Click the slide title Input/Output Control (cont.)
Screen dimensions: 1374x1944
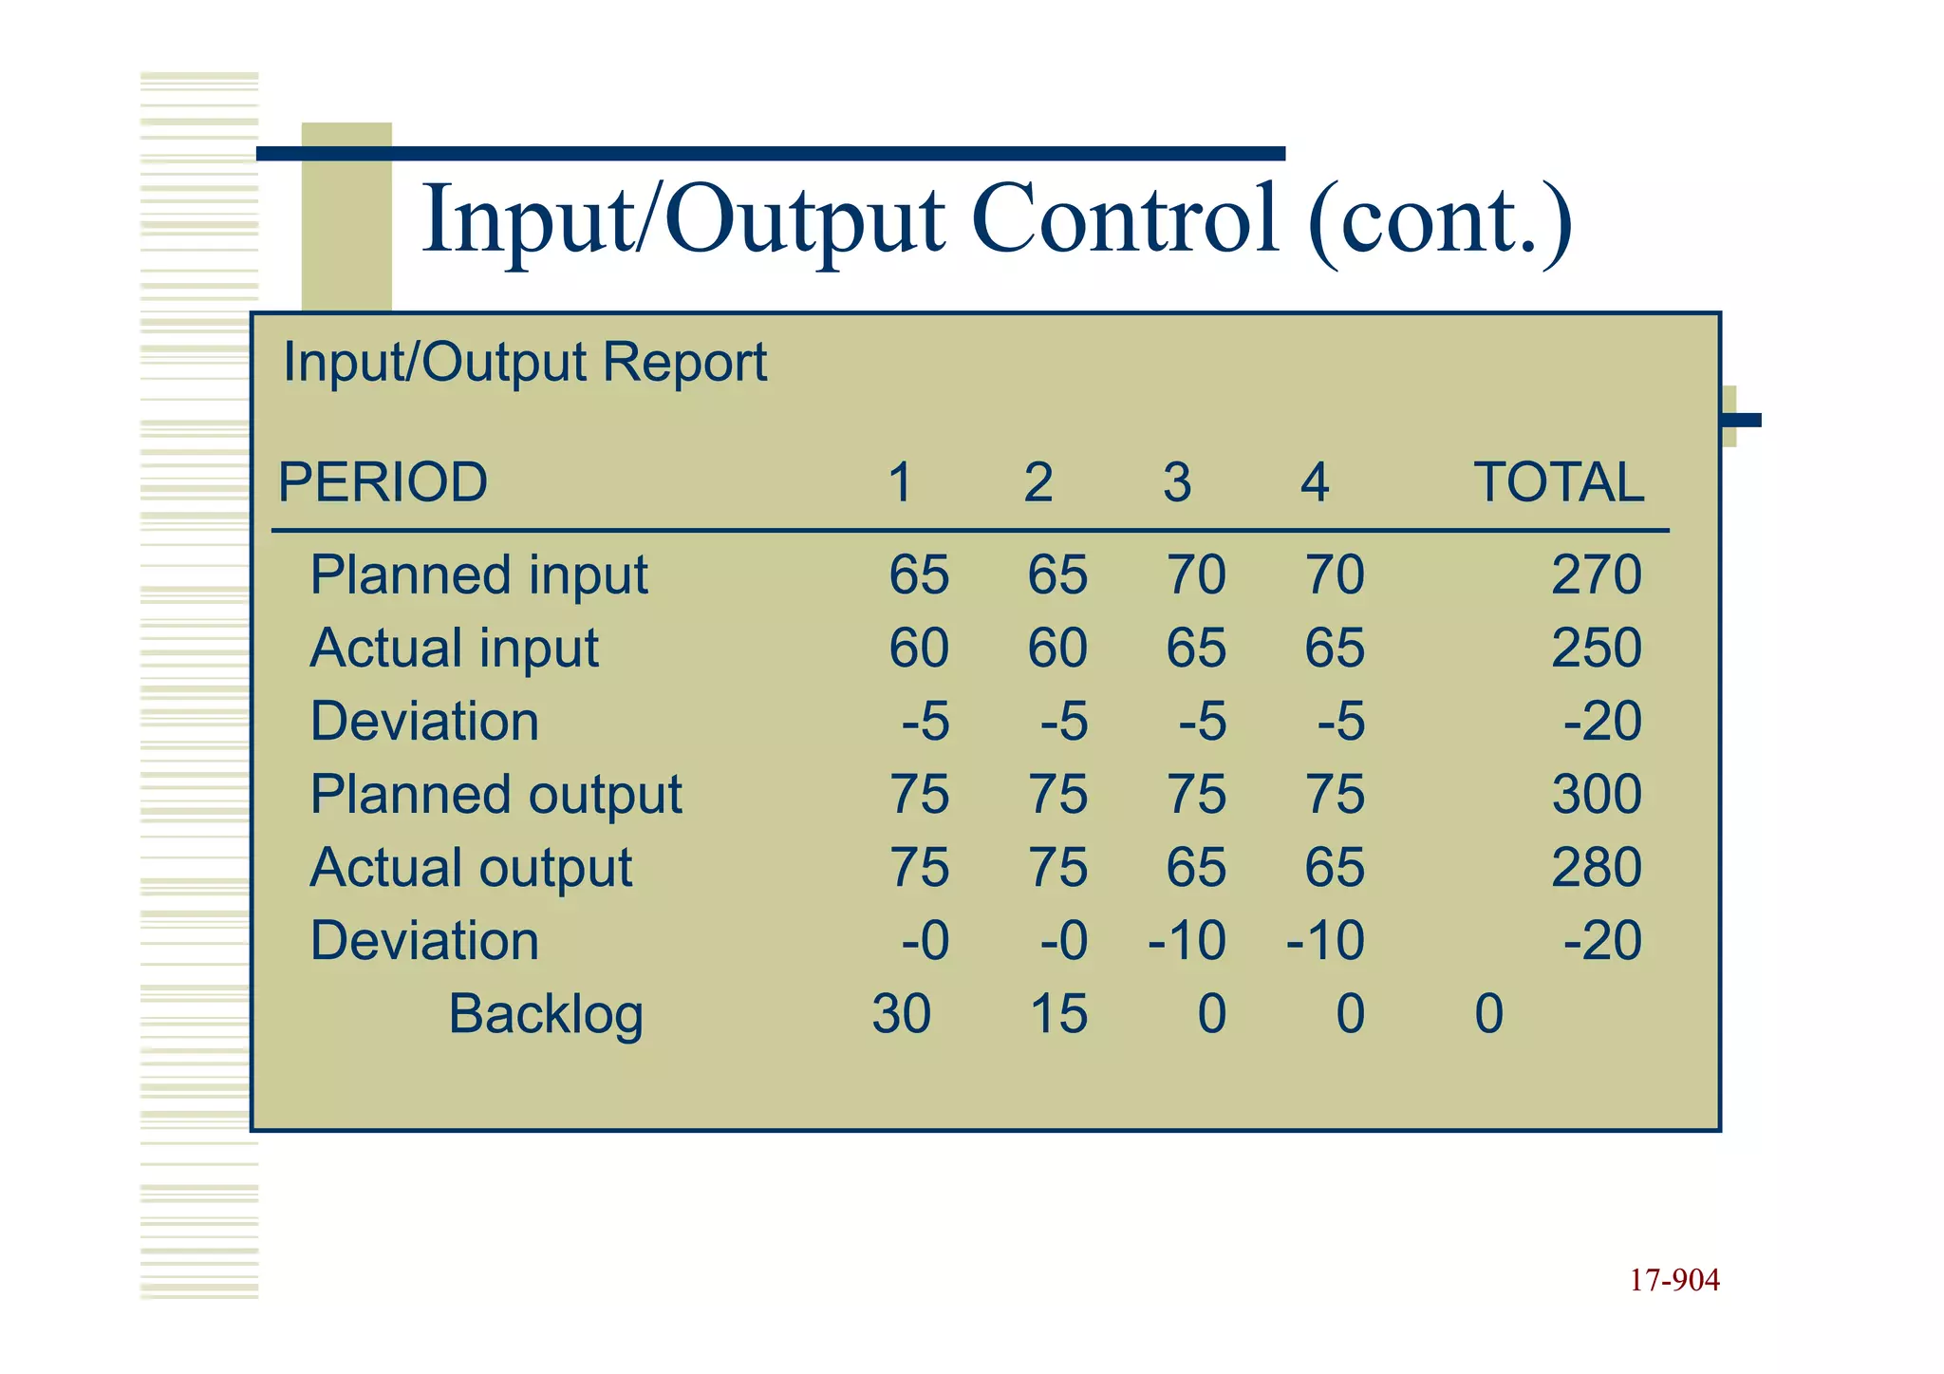tap(997, 220)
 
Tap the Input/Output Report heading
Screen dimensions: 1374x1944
tap(524, 363)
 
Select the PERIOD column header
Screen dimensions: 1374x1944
tap(383, 482)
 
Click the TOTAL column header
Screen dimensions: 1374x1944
tap(1558, 482)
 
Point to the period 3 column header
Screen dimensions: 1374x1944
tap(1177, 482)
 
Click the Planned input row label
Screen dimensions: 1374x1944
tap(478, 575)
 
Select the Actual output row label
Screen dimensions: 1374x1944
tap(471, 868)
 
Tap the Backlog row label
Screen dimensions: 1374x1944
tap(546, 1014)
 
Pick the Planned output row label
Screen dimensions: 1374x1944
tap(495, 795)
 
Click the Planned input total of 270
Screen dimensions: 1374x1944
tap(1597, 575)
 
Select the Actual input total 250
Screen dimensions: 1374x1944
tap(1597, 649)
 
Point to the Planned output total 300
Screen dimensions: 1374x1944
tap(1597, 795)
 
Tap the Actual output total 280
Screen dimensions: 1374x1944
tap(1597, 868)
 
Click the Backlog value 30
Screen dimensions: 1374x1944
tap(901, 1014)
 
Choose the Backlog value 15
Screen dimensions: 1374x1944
tap(1058, 1014)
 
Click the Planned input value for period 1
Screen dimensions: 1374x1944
tap(919, 575)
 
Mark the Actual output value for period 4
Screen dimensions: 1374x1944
tap(1335, 868)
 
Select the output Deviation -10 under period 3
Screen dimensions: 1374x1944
tap(1187, 941)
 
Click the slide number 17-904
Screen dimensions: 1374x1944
tap(1674, 1281)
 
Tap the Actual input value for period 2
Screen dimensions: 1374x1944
tap(1057, 649)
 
